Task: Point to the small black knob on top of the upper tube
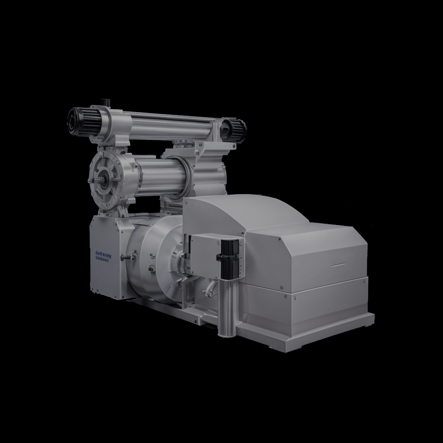[105, 102]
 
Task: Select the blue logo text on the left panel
[105, 257]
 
